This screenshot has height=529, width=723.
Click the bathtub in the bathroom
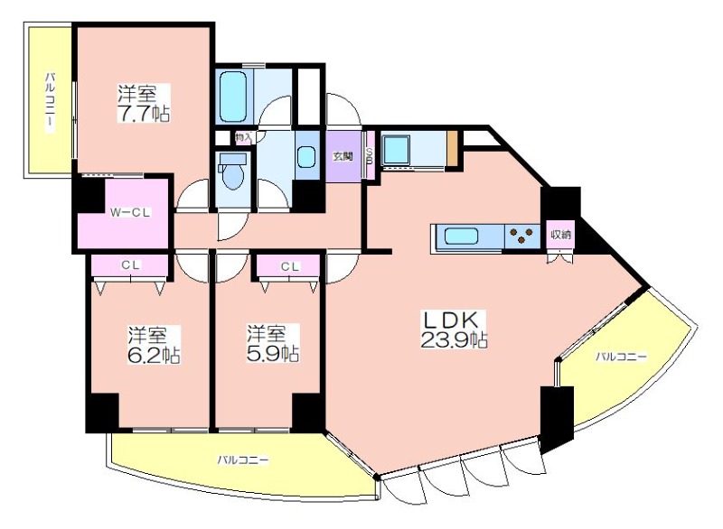point(233,96)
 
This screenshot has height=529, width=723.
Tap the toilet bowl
point(233,176)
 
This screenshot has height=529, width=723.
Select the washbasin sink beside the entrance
point(306,156)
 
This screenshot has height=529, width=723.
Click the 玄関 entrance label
point(343,156)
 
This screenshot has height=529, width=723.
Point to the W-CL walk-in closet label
point(130,213)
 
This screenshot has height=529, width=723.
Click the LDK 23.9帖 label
point(454,329)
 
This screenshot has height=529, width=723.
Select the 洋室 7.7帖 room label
point(143,103)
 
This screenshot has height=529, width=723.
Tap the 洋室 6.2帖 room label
point(154,345)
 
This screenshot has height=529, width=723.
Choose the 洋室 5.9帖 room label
point(272,343)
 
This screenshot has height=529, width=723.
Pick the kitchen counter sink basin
point(461,237)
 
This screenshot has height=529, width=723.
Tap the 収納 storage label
point(560,235)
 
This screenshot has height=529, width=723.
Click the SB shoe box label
point(370,156)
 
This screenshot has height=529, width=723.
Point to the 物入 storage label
point(243,137)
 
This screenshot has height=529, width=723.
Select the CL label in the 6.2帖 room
point(130,265)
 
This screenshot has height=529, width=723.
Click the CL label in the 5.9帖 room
point(290,266)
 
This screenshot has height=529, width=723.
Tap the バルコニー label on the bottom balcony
point(243,459)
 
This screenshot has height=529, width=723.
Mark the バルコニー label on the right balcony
point(621,357)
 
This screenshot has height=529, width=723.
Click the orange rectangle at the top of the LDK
point(453,150)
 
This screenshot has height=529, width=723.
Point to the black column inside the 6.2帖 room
point(102,413)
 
